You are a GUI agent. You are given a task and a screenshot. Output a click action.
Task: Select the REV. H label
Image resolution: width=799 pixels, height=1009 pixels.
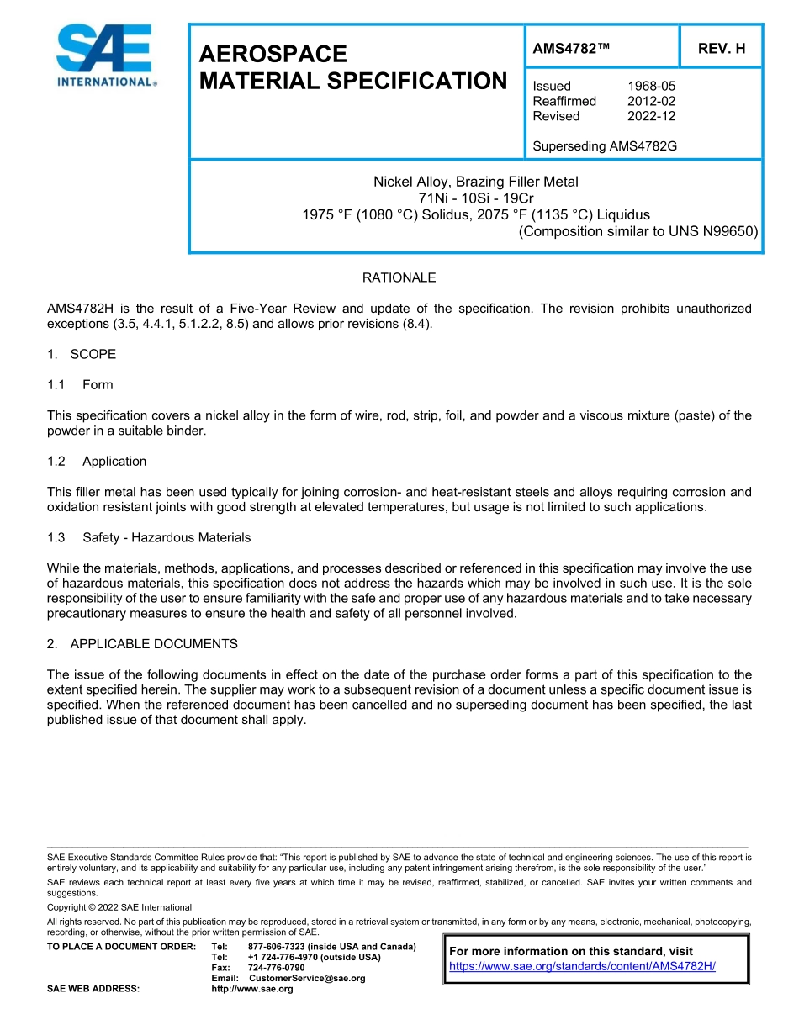tap(722, 49)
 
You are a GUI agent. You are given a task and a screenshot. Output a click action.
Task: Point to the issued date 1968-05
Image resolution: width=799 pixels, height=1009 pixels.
tap(651, 86)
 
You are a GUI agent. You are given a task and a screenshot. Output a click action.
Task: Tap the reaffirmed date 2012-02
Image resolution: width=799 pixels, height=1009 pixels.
tap(651, 101)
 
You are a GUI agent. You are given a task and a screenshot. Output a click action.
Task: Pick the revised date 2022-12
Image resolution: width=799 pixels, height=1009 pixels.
tap(651, 116)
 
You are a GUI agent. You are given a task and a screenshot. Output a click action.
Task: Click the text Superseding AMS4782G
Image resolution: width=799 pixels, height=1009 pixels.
tap(605, 146)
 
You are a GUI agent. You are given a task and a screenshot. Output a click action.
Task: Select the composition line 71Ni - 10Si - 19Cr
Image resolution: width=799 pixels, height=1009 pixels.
tap(475, 198)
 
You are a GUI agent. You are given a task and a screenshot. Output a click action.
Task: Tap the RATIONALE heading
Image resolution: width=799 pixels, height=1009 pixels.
tap(399, 277)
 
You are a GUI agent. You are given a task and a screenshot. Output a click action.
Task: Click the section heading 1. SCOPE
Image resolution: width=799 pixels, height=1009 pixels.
tap(82, 354)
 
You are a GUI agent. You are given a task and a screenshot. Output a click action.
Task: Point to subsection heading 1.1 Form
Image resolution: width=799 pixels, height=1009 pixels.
tap(81, 384)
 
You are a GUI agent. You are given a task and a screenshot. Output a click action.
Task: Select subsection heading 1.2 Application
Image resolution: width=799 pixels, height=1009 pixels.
tap(97, 461)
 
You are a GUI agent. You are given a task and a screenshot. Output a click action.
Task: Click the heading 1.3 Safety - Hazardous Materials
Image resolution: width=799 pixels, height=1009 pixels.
tap(149, 537)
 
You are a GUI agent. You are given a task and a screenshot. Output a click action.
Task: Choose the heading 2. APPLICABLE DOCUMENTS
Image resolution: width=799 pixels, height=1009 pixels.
tap(142, 644)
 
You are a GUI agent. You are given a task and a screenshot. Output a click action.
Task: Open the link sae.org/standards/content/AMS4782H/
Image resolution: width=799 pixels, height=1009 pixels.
tap(582, 966)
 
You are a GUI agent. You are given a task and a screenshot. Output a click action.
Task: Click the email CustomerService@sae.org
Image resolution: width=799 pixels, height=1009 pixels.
tap(307, 978)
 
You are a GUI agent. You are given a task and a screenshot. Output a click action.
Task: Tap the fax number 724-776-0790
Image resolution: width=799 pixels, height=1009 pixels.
tap(277, 968)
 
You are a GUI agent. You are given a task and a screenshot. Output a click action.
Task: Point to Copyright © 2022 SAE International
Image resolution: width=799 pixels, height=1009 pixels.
tap(119, 907)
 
